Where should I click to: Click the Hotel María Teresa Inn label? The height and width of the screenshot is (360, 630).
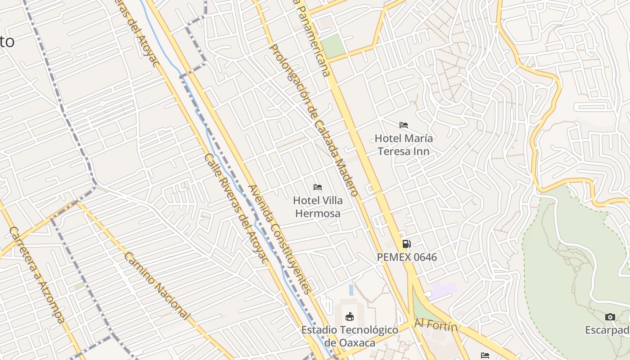tap(404, 144)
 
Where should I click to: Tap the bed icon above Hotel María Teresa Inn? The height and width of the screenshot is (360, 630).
tap(404, 125)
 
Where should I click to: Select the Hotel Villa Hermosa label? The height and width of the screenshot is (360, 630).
tap(318, 207)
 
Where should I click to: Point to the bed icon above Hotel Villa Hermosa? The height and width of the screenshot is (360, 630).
tap(318, 187)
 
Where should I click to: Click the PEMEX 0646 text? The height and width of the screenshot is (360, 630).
tap(407, 257)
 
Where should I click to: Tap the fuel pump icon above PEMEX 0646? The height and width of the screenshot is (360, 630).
tap(406, 244)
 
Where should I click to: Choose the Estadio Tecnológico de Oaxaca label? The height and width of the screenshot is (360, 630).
tap(350, 336)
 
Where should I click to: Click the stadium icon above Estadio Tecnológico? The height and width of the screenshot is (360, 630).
tap(349, 316)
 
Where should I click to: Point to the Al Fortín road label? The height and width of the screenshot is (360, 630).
tap(436, 324)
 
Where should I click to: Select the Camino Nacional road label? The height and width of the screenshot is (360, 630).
tap(156, 285)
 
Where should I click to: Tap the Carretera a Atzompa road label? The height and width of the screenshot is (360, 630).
tap(36, 274)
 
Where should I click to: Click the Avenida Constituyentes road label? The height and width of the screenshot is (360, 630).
tap(279, 239)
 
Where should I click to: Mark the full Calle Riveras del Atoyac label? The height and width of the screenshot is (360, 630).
tap(236, 209)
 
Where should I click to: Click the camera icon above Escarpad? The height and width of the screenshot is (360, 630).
tap(610, 317)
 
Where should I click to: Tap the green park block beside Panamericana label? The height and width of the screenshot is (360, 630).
tap(334, 46)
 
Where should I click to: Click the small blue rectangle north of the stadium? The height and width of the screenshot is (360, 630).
tap(351, 290)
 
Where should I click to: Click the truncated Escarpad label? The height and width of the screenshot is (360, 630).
tap(607, 330)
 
